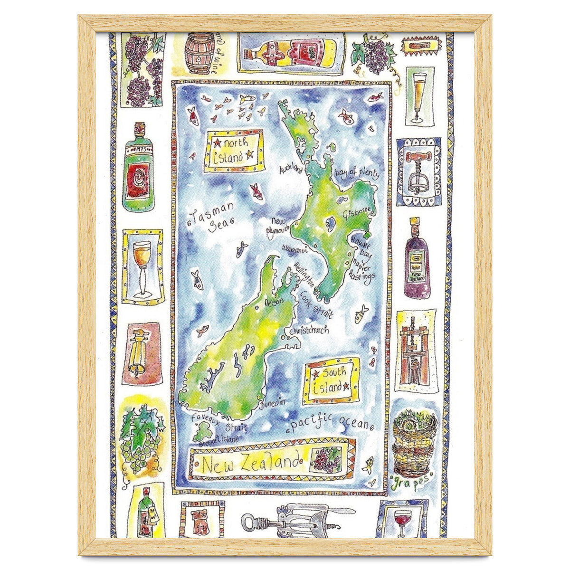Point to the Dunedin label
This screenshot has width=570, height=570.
tap(274, 402)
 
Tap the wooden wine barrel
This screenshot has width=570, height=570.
tap(199, 53)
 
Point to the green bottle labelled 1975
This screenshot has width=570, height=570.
tap(138, 169)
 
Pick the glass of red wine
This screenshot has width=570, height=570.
tap(402, 517)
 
